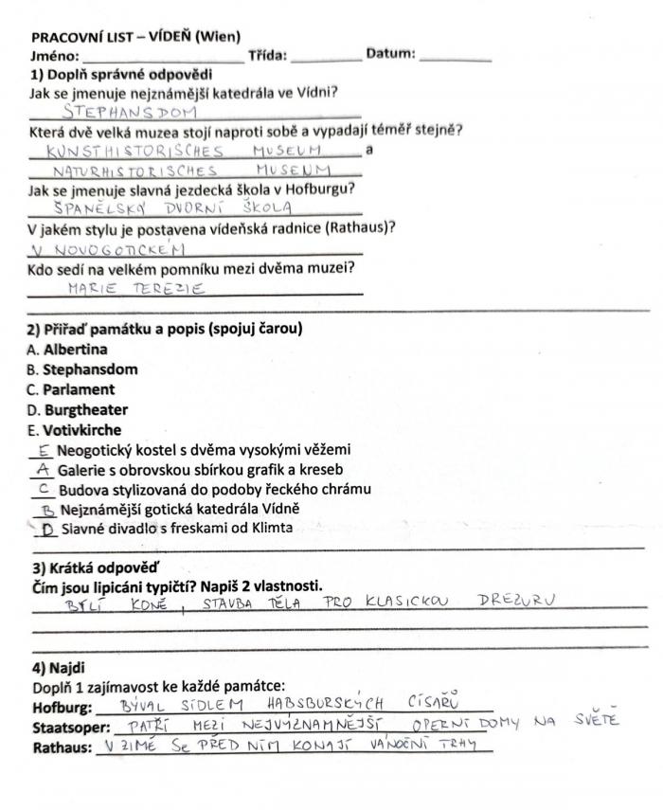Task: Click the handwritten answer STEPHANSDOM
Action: (x=128, y=111)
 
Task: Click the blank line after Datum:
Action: (x=455, y=58)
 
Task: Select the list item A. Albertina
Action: (x=68, y=349)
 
